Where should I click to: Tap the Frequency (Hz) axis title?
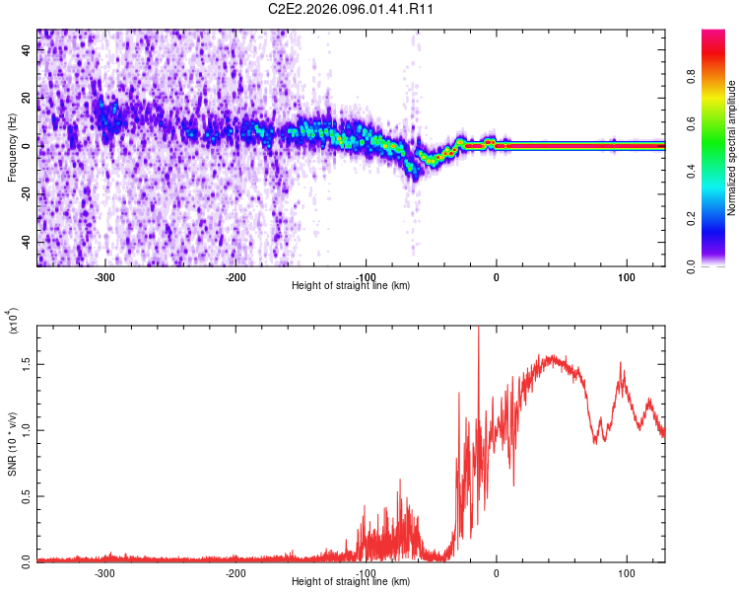click(x=12, y=148)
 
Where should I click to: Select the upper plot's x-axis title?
click(x=351, y=286)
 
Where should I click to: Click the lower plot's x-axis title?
click(x=351, y=582)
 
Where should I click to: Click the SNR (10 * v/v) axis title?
click(x=12, y=444)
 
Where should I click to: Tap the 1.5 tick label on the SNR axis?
click(x=25, y=363)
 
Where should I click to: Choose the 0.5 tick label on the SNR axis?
click(x=25, y=495)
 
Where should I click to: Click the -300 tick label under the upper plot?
click(x=105, y=277)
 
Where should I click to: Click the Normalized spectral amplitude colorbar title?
click(x=732, y=148)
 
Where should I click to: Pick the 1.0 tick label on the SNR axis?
click(x=25, y=429)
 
